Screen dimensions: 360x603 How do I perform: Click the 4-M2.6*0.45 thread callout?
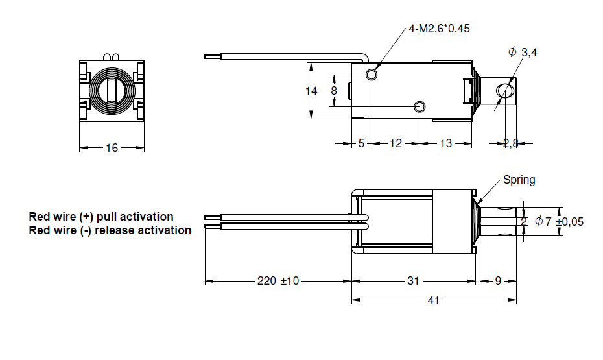point(439,29)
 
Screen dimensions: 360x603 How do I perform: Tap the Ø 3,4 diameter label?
point(522,52)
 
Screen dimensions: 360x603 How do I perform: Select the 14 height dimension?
point(311,91)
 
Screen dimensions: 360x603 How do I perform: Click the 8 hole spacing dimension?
point(334,91)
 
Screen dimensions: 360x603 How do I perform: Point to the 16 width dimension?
point(112,148)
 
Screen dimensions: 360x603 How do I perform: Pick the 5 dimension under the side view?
point(362,143)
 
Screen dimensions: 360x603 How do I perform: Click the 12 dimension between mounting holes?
point(396,143)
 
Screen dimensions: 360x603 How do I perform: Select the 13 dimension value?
point(445,143)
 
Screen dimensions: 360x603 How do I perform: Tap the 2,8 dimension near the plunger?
point(511,143)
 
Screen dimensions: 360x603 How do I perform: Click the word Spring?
point(519,180)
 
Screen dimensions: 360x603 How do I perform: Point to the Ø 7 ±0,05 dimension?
point(560,222)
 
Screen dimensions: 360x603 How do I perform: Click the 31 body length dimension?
point(413,281)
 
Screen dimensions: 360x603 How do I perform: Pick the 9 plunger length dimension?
point(498,281)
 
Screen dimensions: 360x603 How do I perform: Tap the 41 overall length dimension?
point(433,300)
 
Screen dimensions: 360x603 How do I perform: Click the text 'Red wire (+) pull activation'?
point(101,217)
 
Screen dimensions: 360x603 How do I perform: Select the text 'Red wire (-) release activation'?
point(110,230)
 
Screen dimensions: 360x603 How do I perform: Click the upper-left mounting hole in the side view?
point(372,74)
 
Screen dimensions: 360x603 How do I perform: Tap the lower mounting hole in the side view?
point(420,106)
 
